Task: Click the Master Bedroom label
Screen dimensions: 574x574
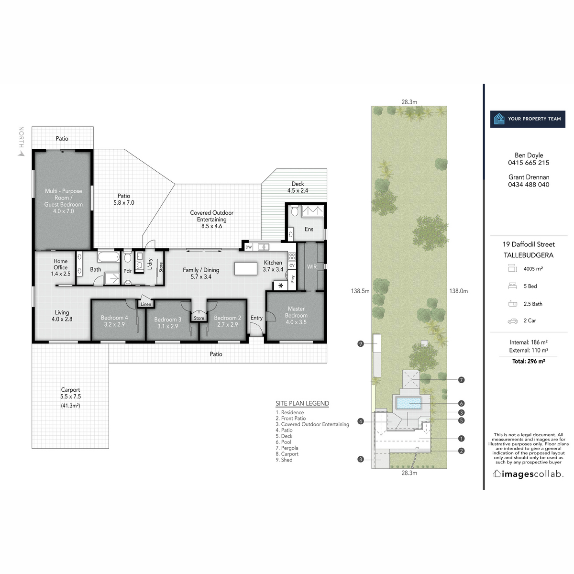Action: (x=296, y=315)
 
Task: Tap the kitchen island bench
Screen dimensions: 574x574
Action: (x=246, y=268)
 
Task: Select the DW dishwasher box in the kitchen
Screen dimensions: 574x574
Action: (x=248, y=247)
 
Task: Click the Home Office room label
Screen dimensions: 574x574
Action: (x=61, y=267)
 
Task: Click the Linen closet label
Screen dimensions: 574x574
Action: (x=146, y=304)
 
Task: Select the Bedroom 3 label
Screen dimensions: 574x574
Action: (x=167, y=323)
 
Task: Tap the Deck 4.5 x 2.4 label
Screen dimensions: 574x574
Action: (x=298, y=187)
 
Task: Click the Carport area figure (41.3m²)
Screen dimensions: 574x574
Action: (x=70, y=406)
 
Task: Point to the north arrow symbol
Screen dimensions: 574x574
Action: (x=21, y=154)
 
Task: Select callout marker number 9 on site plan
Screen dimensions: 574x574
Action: (x=361, y=343)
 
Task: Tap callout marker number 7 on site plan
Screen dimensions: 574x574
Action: (x=461, y=380)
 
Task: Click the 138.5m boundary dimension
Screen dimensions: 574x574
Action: (x=360, y=291)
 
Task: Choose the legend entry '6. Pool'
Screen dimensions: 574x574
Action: (x=283, y=442)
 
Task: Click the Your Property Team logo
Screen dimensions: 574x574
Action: (x=528, y=119)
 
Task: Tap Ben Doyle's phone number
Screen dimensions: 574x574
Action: (x=529, y=163)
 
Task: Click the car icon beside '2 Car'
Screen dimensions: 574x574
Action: (x=512, y=321)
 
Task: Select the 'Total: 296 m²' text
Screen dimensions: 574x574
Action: (x=529, y=361)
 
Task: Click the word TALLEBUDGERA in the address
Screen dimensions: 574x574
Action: (x=529, y=255)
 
